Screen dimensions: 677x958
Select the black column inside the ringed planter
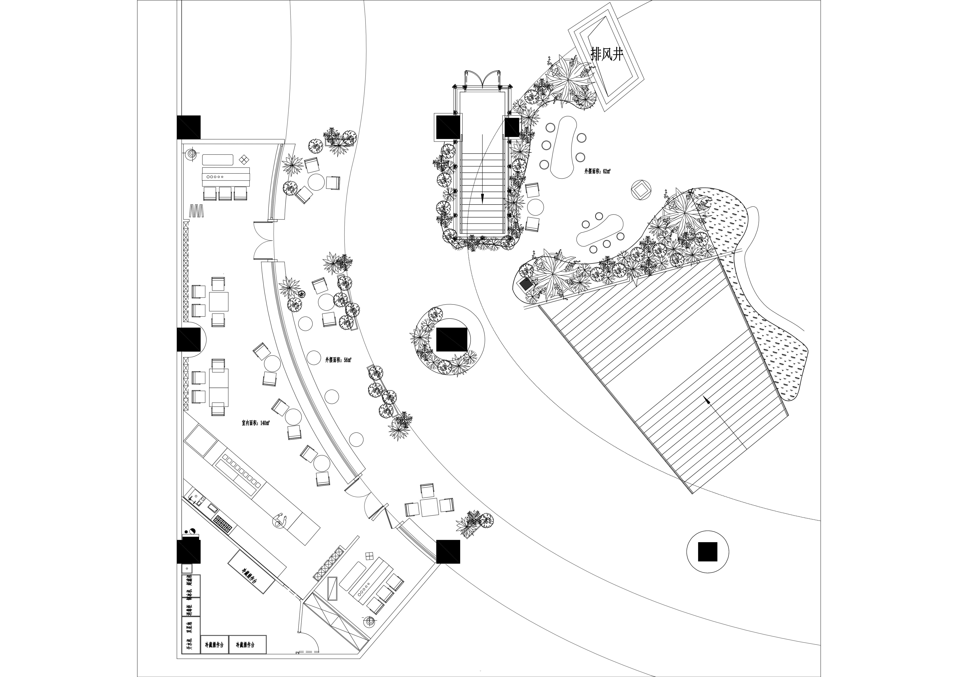[x=452, y=339]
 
